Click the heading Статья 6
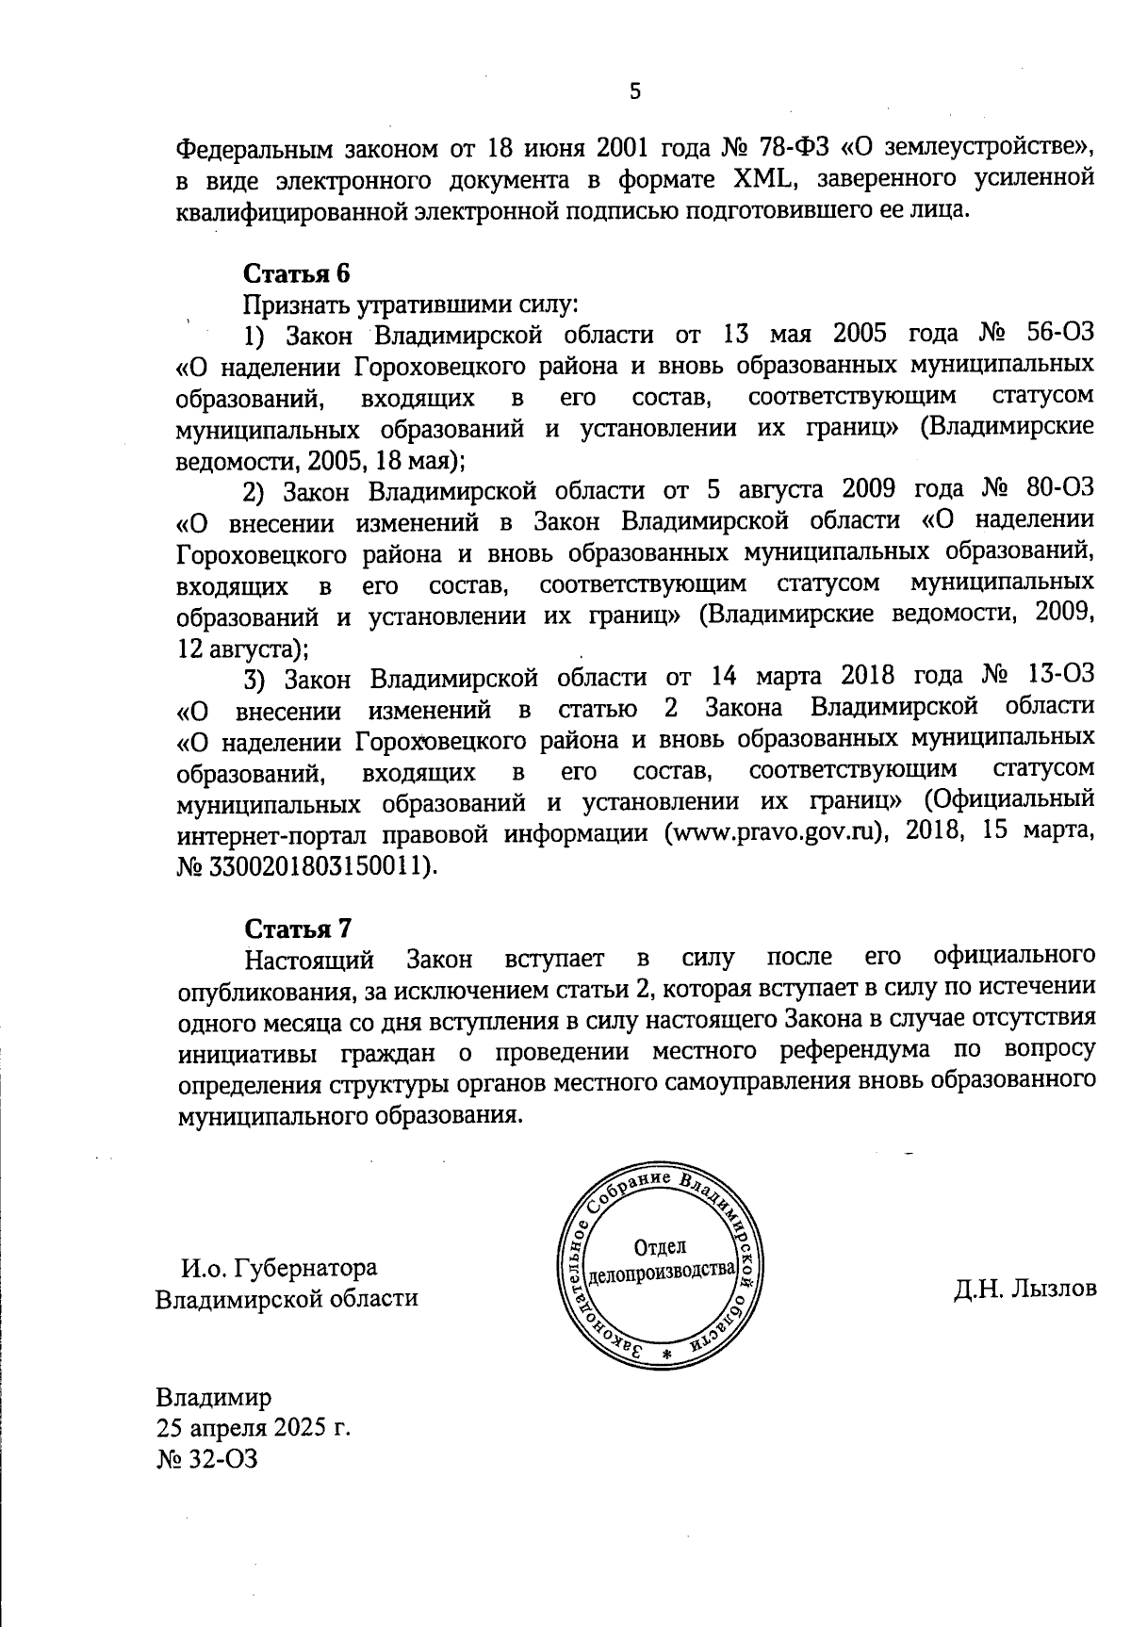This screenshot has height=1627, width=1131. [297, 273]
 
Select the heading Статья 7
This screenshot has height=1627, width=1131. [298, 929]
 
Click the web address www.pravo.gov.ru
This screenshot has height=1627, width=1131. [779, 833]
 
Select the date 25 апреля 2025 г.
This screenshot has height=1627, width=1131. [254, 1426]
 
